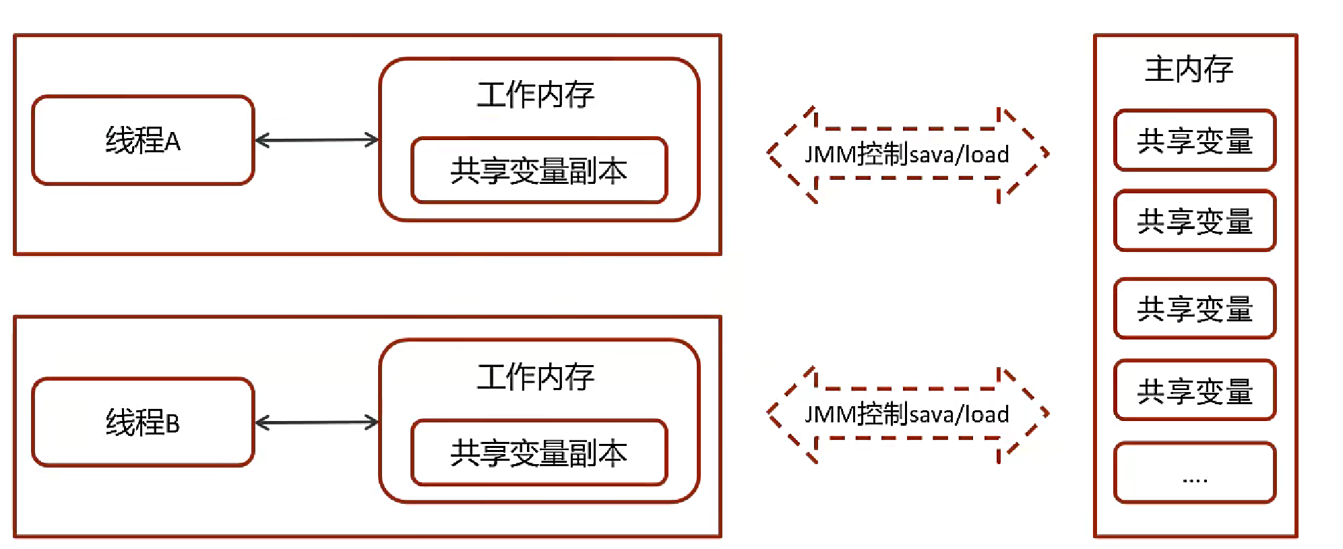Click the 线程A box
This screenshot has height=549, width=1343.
click(x=143, y=140)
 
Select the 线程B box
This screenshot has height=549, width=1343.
click(x=143, y=422)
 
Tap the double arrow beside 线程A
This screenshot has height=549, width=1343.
click(x=317, y=140)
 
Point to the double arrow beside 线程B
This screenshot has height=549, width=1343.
click(x=317, y=422)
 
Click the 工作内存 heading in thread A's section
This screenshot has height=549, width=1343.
click(x=536, y=94)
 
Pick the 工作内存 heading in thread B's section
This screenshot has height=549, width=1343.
click(x=536, y=377)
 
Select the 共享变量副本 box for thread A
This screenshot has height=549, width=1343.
click(x=539, y=170)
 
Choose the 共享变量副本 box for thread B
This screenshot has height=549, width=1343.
click(x=539, y=453)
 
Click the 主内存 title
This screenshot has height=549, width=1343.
click(x=1189, y=69)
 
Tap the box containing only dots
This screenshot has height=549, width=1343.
click(x=1195, y=473)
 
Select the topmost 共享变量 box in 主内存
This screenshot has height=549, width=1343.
click(x=1195, y=141)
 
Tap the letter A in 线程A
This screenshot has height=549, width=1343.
click(x=173, y=141)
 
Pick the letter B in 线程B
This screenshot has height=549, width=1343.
click(x=173, y=424)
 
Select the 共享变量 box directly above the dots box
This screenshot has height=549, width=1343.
click(x=1195, y=391)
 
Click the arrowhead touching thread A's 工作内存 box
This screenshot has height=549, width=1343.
click(x=372, y=140)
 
